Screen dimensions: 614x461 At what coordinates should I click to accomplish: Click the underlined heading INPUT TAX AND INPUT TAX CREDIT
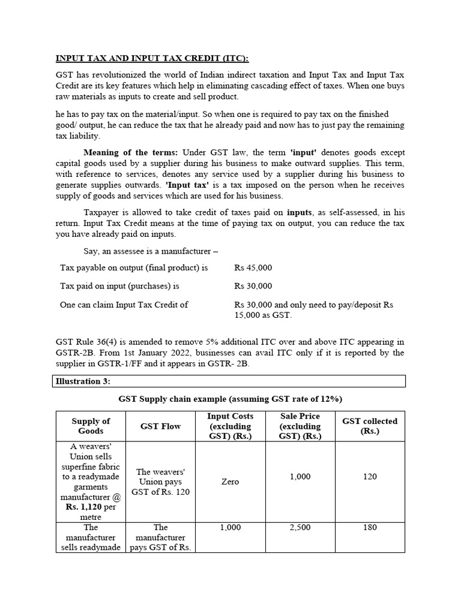152,58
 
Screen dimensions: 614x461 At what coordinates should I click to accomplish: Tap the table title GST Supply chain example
230,399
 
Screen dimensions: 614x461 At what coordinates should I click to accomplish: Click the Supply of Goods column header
91,426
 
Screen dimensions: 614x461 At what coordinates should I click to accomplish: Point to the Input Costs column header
230,426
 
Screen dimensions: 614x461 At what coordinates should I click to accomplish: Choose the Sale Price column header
300,426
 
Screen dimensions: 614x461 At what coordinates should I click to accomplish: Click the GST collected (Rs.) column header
370,426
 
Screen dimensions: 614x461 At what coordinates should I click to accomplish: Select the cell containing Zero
230,481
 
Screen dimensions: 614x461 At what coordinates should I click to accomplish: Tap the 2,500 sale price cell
300,527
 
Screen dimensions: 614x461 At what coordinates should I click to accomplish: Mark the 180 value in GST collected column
370,527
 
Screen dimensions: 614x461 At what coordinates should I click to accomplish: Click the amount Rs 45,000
253,268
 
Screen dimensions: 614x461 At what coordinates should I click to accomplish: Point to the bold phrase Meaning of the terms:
131,152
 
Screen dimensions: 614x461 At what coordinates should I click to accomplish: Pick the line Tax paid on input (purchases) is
119,286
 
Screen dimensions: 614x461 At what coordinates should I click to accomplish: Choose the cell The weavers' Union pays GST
160,481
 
